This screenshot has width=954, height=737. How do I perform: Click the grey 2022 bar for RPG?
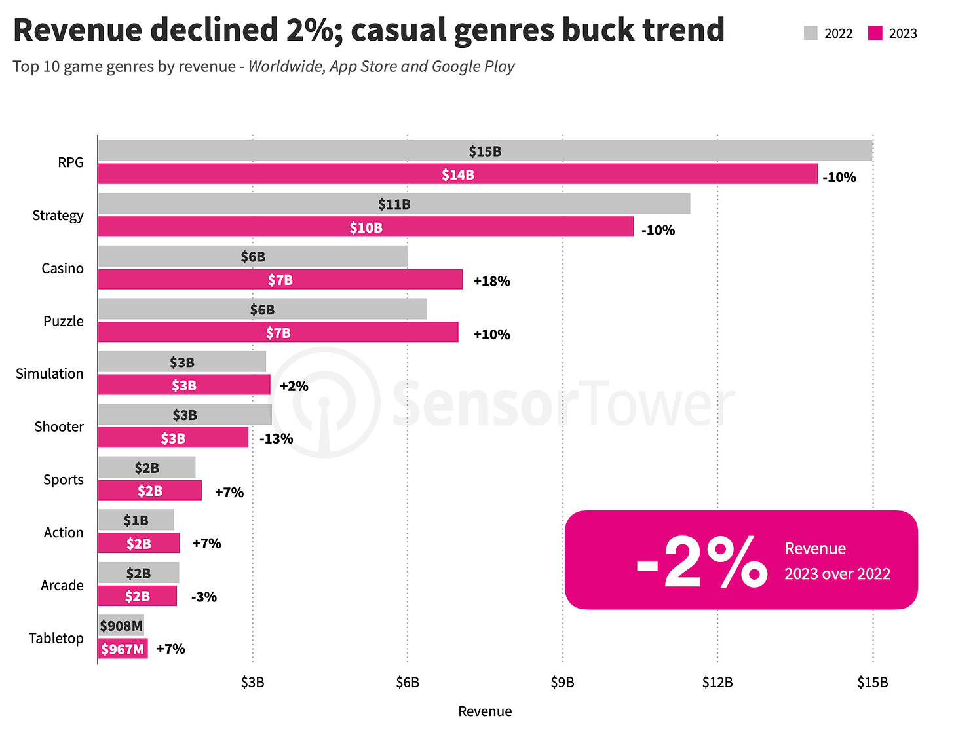[485, 151]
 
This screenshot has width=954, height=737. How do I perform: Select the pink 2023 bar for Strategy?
[366, 227]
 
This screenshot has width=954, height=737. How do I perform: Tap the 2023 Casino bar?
[280, 280]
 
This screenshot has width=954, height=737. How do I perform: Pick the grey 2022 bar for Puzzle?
[262, 309]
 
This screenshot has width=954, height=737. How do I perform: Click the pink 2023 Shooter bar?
[173, 438]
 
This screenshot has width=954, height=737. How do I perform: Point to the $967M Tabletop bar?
[123, 649]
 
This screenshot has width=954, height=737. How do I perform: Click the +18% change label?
[491, 281]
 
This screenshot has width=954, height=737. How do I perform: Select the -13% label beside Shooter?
[276, 438]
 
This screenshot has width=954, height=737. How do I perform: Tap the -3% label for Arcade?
[204, 597]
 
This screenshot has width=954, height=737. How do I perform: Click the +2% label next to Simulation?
[294, 386]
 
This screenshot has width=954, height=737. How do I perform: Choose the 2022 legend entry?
[828, 33]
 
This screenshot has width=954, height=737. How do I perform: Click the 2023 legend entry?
[892, 33]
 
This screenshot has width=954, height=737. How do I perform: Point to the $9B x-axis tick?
[562, 682]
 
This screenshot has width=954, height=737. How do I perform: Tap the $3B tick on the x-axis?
[252, 682]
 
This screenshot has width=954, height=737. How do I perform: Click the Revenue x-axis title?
[485, 711]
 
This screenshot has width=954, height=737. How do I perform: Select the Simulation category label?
[50, 373]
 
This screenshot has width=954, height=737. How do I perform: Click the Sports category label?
[64, 480]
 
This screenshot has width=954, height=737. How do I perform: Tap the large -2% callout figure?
[701, 561]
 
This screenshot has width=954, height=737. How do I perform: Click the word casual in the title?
[396, 29]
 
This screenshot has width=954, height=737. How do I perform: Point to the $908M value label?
[121, 626]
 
